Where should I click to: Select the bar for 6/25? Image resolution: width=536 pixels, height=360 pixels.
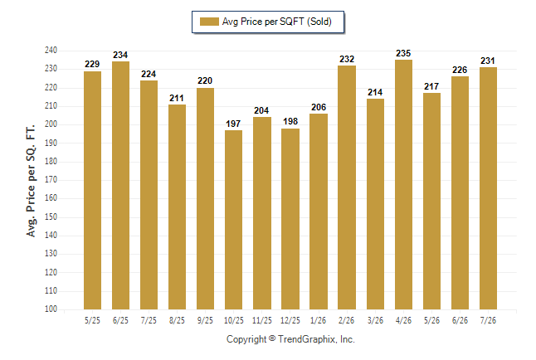pos(120,185)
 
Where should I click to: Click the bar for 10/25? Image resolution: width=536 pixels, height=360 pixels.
pos(233,220)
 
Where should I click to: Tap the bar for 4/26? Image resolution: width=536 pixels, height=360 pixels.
pos(403,185)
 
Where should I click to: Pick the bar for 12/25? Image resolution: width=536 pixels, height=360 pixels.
pos(290,219)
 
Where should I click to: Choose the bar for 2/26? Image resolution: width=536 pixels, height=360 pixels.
pos(347,187)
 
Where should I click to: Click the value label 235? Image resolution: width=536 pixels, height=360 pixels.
pos(403,53)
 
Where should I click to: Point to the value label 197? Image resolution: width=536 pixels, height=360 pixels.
pos(233,124)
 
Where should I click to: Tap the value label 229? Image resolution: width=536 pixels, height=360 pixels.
pos(92,64)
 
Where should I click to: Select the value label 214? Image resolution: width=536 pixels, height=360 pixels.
pos(375,92)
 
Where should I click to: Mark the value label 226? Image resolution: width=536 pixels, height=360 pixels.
pos(460,70)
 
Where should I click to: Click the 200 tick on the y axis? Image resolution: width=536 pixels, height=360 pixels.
pos(51,124)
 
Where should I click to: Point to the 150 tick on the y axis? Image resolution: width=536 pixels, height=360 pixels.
pos(51,216)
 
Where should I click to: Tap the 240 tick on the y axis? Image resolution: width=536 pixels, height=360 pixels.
pos(51,51)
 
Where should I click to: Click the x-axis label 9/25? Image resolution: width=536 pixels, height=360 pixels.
pos(205,320)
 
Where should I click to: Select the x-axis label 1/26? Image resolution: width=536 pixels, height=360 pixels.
pos(319,320)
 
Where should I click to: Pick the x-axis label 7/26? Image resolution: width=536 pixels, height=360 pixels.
pos(488,320)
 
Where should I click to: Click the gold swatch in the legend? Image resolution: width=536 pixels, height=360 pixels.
pos(209,22)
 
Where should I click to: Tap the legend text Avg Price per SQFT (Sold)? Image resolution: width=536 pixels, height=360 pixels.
pos(277,22)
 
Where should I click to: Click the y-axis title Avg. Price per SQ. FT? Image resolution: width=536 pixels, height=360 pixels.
pos(31,181)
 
